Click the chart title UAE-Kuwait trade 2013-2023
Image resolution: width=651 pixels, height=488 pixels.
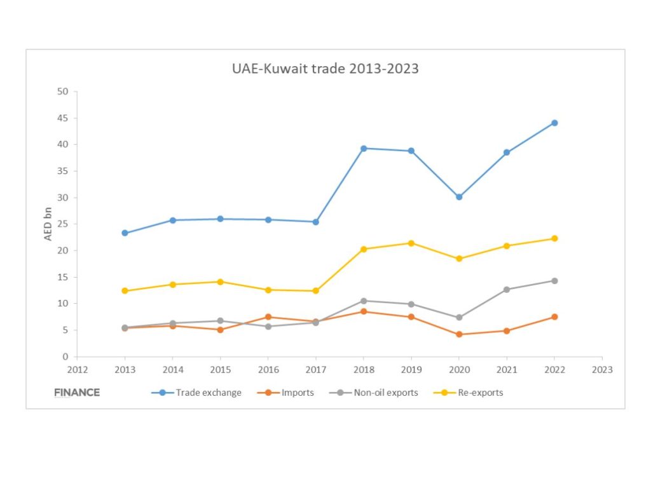(x=325, y=69)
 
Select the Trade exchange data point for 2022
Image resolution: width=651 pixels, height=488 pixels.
(x=554, y=123)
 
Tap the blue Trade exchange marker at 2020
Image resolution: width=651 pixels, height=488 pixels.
(x=459, y=197)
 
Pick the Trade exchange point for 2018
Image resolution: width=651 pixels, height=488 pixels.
(x=364, y=148)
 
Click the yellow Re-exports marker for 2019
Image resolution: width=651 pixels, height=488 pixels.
(x=411, y=243)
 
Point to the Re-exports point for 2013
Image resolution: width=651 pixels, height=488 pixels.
(x=125, y=291)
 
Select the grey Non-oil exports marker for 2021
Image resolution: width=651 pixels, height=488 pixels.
(x=507, y=289)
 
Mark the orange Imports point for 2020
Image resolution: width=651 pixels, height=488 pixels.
(x=459, y=334)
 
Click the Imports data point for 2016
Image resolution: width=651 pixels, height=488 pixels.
(x=268, y=316)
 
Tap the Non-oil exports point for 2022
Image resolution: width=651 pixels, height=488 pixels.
(x=554, y=280)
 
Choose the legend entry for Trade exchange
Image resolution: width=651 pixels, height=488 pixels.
(x=196, y=393)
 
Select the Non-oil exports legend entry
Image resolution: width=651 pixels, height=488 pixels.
(x=375, y=393)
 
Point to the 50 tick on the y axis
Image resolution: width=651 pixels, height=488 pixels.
(x=62, y=91)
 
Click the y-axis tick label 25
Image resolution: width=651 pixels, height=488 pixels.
(x=62, y=224)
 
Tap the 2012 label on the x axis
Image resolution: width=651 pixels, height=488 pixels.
(x=77, y=369)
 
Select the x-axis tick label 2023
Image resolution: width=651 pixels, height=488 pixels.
(x=602, y=369)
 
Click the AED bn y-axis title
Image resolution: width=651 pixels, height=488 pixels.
(x=48, y=223)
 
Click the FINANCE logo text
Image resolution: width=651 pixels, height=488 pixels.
(x=77, y=393)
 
